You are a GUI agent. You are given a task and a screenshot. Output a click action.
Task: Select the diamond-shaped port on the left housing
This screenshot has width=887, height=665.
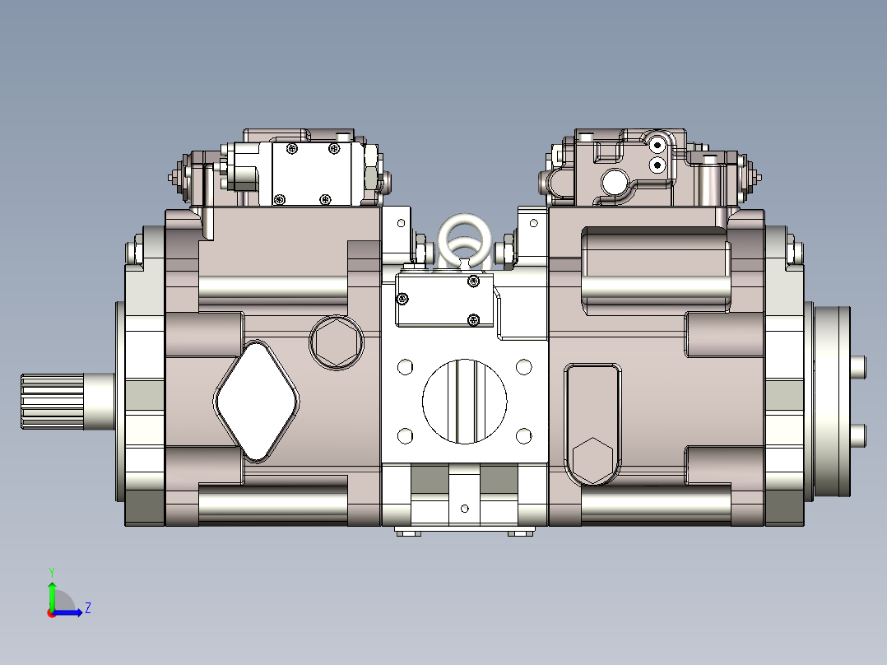257,401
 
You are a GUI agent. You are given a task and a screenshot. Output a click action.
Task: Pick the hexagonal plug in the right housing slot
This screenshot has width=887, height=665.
591,460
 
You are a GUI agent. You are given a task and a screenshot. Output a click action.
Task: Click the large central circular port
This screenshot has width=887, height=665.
465,401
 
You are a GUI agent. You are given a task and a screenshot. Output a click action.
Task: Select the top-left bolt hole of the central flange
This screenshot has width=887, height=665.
405,366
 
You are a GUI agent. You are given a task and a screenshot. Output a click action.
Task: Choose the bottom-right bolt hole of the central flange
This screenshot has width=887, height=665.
524,435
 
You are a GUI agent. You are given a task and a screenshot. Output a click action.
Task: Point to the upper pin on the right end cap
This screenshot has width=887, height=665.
857,366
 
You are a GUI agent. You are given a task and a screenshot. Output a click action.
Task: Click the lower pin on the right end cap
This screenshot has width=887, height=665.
857,434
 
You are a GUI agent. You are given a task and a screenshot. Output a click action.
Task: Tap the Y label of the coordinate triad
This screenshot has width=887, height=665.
51,571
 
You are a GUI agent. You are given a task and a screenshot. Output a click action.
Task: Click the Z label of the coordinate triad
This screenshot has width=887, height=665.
87,608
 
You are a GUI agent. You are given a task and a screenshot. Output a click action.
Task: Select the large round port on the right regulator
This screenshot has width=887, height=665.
615,180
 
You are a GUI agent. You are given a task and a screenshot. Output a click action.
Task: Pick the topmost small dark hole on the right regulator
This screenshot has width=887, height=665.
657,146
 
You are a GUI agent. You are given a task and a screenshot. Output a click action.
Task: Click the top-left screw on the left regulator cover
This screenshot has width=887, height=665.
291,148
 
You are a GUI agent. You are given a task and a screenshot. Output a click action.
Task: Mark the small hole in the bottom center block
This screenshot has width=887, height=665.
464,508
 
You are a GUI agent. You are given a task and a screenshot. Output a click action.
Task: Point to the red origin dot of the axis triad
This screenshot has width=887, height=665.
52,612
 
